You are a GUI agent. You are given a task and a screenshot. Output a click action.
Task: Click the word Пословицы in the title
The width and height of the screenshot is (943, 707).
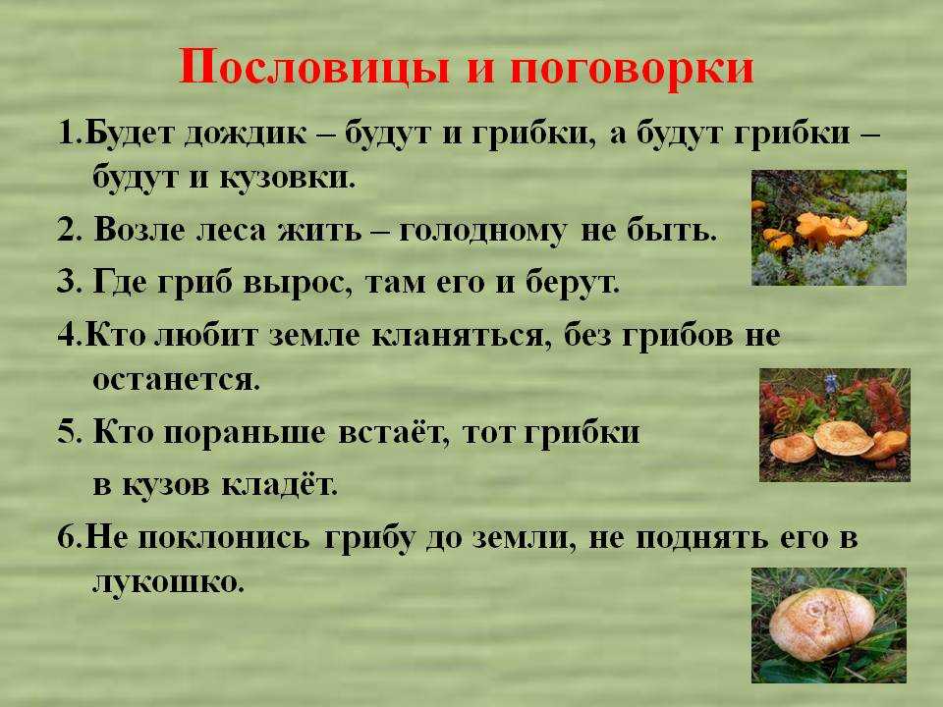point(314,66)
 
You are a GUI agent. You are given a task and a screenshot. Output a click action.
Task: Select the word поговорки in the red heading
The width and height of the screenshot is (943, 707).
point(632,69)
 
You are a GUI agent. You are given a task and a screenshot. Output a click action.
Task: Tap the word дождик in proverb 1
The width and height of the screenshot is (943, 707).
point(246,135)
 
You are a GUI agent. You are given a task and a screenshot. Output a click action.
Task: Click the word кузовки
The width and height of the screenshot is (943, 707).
point(286,178)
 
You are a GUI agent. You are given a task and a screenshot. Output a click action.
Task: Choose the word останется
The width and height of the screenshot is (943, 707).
point(176,380)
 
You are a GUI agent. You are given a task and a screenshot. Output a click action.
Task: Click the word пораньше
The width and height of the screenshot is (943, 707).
point(245,433)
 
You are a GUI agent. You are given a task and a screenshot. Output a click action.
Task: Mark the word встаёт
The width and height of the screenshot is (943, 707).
point(394,432)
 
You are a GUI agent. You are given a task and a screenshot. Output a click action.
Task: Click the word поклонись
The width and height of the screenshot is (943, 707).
point(224,538)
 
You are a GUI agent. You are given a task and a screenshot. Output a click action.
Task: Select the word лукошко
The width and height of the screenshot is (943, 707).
point(169,581)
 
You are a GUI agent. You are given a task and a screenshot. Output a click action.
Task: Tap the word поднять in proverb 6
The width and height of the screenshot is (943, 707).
point(702,539)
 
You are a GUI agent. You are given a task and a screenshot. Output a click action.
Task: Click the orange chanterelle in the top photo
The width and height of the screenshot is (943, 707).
point(831,230)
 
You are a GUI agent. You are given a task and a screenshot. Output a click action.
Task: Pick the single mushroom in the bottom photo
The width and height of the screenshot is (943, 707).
point(821,625)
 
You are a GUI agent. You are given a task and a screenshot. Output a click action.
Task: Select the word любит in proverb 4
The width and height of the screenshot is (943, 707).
point(206,336)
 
